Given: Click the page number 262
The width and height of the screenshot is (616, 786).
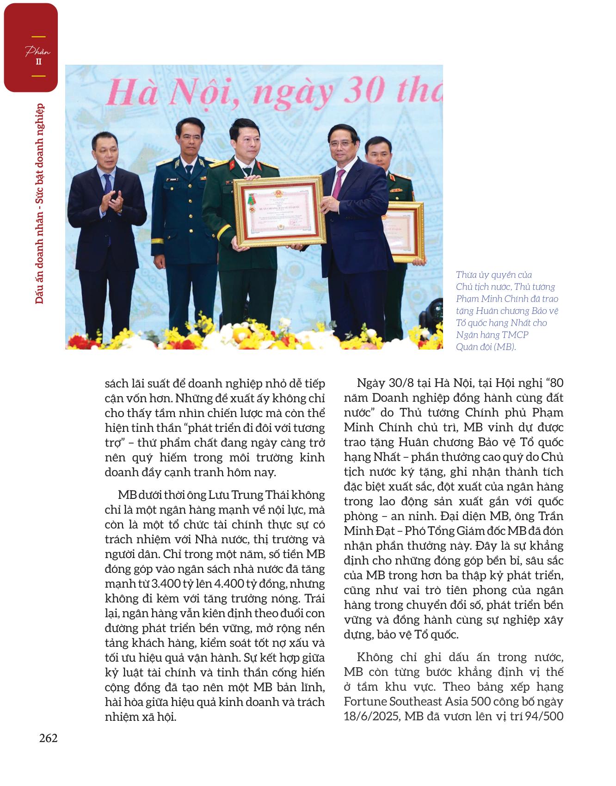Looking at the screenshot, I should coord(48,738).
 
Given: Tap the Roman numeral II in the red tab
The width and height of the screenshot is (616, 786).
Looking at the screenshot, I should coord(38,62).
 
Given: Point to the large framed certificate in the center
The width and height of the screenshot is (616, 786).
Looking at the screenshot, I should coord(279,211).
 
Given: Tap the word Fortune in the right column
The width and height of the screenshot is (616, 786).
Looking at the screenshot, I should coord(366,701).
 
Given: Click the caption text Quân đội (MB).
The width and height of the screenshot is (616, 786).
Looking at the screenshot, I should coord(486,346).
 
